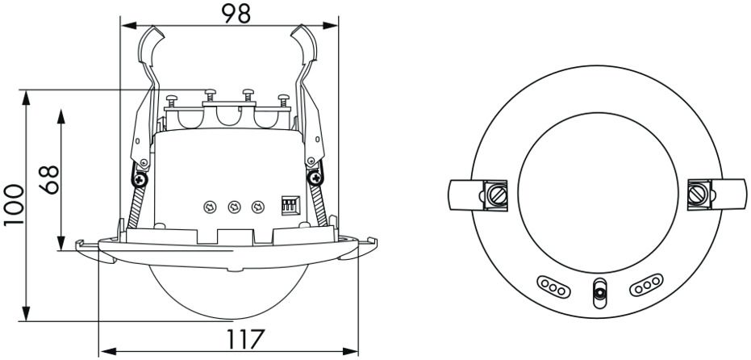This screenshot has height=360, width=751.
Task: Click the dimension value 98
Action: pos(236,14)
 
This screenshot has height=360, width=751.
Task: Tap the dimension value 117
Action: pos(244,339)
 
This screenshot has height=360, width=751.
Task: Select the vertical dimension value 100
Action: pos(14,205)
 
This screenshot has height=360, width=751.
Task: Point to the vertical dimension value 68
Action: pos(49,180)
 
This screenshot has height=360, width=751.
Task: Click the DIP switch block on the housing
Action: pos(290,205)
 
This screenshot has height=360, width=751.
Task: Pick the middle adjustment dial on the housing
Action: pos(234,207)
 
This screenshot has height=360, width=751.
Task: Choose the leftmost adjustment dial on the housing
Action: pos(210,207)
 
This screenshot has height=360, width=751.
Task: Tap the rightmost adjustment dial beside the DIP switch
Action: pos(257,207)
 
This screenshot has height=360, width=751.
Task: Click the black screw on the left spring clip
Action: pos(140,180)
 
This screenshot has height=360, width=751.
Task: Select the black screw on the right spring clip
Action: pos(315,178)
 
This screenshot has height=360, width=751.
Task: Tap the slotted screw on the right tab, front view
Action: pos(697,195)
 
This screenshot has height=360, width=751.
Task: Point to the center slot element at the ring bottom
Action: pos(599,293)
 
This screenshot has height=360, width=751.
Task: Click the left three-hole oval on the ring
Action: pos(553,287)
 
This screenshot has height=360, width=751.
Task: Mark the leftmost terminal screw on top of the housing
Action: pos(172,101)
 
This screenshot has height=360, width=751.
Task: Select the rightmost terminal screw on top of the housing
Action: pos(284,100)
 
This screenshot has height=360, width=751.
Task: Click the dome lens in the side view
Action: pos(228,291)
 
